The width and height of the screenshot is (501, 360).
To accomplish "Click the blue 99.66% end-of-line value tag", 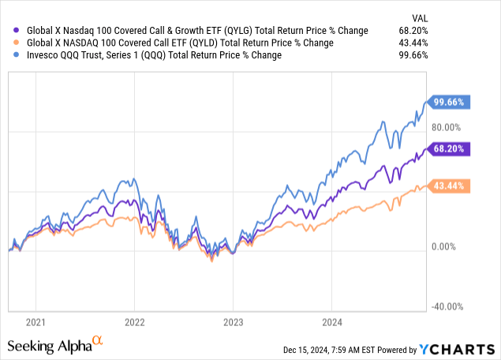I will coord(449,102).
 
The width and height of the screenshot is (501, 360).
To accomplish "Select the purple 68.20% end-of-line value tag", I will coord(449,148).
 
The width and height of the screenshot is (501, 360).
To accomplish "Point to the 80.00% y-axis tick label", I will coord(447,126).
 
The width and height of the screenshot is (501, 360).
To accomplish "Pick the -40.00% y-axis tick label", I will coord(447,306).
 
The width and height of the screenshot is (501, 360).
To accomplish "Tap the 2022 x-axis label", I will coord(135,322).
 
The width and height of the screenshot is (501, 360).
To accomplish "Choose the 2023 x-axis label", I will coord(233,322).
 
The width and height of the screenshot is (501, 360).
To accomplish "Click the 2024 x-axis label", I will coord(331,322).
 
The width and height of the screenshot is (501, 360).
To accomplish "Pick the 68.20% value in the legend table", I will coord(464,31).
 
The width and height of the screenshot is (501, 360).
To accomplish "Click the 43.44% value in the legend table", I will coord(464,43).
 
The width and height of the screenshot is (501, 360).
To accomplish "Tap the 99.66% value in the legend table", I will coord(464,54).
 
